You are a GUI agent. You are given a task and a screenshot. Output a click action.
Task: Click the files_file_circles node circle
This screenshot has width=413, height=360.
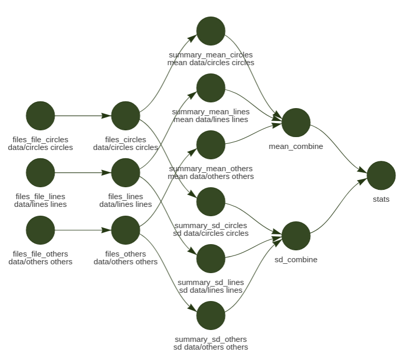(40, 116)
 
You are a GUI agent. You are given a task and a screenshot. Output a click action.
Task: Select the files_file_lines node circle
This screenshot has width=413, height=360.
(40, 173)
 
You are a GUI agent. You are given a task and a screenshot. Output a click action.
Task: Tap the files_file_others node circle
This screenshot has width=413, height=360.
(40, 230)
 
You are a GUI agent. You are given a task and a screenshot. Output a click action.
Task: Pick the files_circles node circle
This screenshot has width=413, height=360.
(126, 116)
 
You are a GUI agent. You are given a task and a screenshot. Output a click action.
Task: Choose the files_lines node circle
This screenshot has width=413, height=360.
(126, 173)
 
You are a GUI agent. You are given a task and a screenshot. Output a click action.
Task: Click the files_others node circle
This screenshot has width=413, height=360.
(126, 230)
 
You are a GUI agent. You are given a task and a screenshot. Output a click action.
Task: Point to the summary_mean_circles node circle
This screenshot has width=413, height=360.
(211, 31)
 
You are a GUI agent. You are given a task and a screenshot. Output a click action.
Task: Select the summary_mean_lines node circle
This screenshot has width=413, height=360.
(211, 88)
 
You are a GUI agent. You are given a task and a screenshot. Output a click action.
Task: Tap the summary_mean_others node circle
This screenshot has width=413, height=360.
(211, 145)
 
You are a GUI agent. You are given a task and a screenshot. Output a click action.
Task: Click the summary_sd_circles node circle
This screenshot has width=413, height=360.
(211, 202)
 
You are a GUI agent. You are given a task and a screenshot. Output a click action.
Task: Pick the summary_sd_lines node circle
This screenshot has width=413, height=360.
(211, 259)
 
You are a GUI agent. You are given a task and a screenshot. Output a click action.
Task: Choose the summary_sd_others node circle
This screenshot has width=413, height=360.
(211, 316)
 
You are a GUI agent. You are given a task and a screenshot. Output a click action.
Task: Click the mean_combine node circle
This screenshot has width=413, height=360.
(296, 123)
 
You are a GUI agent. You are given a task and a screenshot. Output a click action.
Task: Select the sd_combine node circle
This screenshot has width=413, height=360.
(296, 236)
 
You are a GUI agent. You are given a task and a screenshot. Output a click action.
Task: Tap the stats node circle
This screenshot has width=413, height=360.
(381, 175)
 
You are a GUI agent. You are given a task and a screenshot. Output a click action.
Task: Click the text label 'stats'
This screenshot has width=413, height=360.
(381, 199)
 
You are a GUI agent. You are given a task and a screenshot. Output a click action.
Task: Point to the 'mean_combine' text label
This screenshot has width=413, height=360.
(296, 146)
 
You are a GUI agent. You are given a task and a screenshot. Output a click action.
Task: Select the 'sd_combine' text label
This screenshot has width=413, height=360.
(296, 260)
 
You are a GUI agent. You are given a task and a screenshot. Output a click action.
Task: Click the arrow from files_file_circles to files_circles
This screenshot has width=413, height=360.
(83, 116)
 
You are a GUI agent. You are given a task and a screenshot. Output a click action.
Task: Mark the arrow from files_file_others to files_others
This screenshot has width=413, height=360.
(83, 230)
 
